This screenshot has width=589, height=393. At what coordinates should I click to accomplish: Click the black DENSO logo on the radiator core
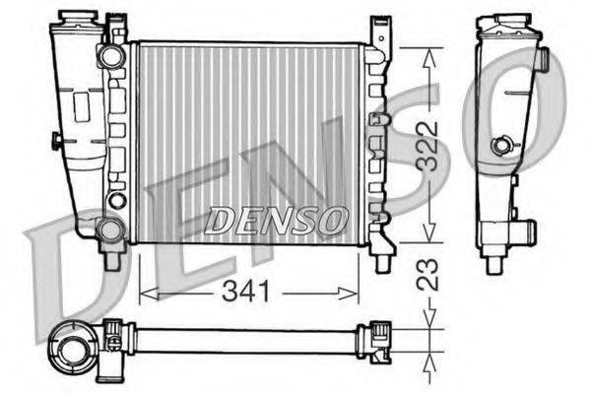(x=275, y=220)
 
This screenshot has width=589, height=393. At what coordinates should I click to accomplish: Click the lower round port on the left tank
(x=111, y=229)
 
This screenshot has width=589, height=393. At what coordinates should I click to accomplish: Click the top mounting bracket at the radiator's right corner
(x=378, y=32)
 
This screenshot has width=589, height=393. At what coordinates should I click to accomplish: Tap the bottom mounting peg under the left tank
(x=113, y=260)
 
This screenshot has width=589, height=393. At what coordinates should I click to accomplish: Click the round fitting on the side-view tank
(x=503, y=147)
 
